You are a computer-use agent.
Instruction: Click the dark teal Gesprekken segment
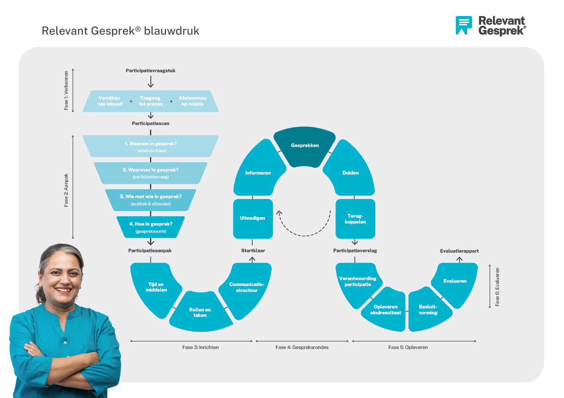[305, 146]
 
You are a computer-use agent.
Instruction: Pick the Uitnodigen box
[253, 218]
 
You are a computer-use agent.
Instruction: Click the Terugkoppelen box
[355, 219]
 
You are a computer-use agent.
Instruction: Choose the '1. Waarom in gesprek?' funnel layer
[151, 146]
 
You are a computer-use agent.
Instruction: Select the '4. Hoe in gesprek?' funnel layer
[151, 227]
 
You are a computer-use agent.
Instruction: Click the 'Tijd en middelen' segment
[156, 288]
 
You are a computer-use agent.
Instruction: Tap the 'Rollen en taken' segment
[200, 313]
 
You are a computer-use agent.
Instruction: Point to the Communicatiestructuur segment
[247, 288]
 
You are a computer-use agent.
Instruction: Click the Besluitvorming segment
[428, 310]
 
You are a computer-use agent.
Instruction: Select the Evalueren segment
[455, 282]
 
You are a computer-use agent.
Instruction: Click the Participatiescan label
[150, 123]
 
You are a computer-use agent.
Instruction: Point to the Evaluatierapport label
[459, 251]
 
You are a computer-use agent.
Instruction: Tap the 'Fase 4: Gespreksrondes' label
[302, 347]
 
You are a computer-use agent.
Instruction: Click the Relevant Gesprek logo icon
[463, 25]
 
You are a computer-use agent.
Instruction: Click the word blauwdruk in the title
[172, 31]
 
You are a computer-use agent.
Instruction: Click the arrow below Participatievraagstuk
[150, 82]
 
